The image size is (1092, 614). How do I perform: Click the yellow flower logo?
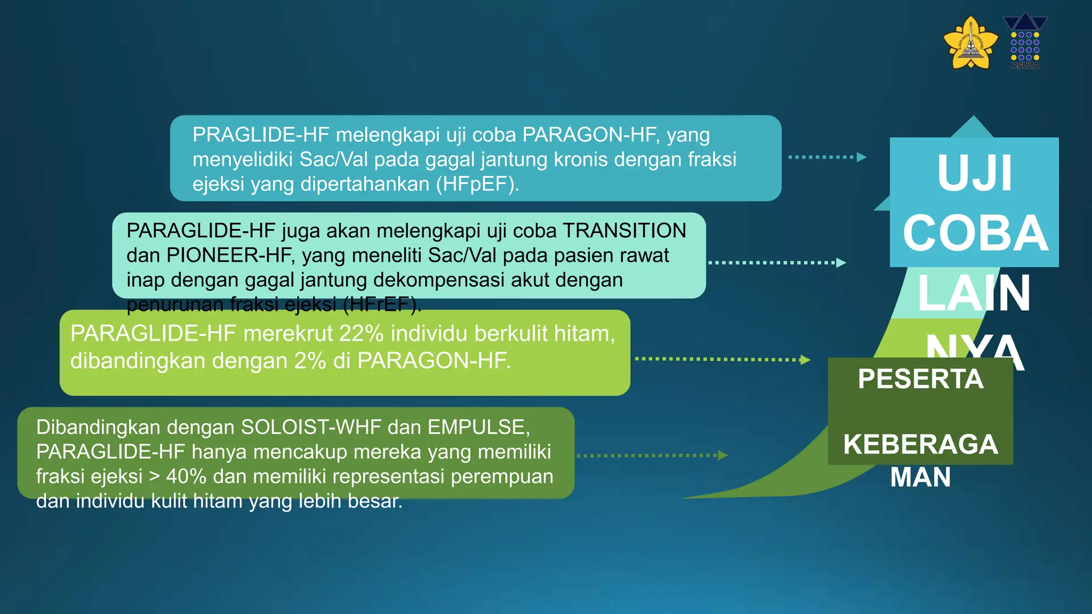point(970,43)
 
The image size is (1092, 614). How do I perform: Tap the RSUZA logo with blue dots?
point(1025,42)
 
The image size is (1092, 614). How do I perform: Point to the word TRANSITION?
point(624,231)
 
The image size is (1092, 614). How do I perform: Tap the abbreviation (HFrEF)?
point(381,304)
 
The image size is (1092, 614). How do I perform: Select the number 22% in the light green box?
point(361,334)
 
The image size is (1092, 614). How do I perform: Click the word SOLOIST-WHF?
point(311,427)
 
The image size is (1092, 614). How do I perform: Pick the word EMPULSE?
point(478,427)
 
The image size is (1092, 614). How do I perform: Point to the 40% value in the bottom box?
point(186,476)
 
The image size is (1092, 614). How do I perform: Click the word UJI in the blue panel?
point(974,174)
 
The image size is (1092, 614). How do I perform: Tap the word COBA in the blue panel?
point(975,233)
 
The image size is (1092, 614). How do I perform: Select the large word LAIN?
point(974,294)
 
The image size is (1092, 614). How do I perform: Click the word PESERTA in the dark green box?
point(920,379)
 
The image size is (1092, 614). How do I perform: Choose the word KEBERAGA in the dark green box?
point(920,445)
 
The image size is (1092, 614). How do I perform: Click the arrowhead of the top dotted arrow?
point(862,157)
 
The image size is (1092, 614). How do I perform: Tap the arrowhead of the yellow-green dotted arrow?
point(805,360)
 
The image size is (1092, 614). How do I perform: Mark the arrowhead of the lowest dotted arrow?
point(723,455)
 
